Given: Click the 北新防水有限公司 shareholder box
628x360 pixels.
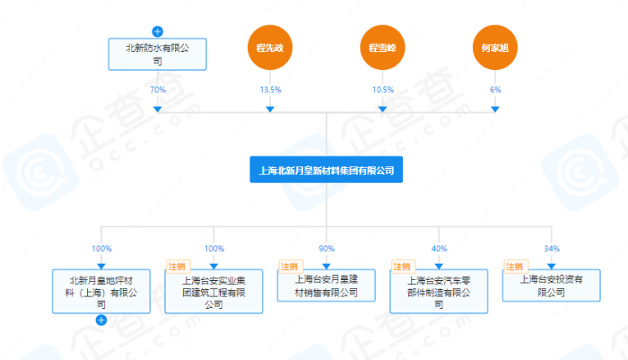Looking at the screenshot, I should point(157,54).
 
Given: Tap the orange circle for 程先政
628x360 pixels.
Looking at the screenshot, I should point(270,47).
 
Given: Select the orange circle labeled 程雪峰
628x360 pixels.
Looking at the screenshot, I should point(382,47).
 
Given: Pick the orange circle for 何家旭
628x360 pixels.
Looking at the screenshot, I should point(495,47).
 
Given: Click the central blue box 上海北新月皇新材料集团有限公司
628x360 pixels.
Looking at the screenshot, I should point(326,169).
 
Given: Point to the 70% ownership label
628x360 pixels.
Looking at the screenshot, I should point(158,90).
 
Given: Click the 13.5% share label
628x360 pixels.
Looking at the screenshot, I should point(270,90).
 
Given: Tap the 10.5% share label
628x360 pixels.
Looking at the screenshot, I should point(382,90).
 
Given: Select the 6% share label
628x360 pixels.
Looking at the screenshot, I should point(495,90).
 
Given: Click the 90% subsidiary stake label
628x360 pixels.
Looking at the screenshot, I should point(327,248).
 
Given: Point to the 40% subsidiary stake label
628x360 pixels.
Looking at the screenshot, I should point(439,248).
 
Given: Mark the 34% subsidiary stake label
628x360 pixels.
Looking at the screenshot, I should point(551,248).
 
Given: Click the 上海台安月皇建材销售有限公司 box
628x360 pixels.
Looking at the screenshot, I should point(326,285).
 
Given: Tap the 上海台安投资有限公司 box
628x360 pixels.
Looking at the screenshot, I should point(551,285).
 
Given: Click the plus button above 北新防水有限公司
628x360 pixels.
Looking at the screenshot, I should point(158,31).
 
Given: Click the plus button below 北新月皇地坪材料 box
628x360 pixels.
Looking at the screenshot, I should point(101,320).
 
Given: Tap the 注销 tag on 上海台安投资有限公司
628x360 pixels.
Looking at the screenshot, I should point(514,267).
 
